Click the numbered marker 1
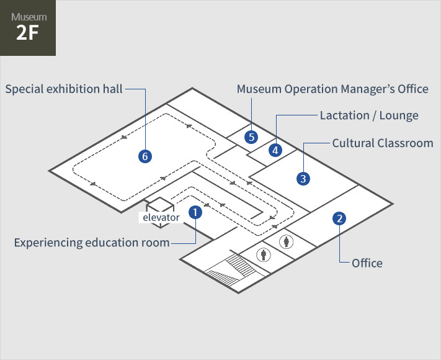(x=195, y=212)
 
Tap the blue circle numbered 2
(x=339, y=218)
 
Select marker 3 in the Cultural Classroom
(x=303, y=179)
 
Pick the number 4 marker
(x=275, y=150)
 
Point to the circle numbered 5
(x=251, y=137)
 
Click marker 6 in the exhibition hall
(x=145, y=156)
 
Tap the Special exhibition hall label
(x=64, y=89)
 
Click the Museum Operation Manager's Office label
(x=332, y=89)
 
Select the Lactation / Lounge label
(x=369, y=115)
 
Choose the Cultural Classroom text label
(x=383, y=143)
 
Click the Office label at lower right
(x=367, y=263)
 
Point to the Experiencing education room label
(x=92, y=243)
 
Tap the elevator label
(x=161, y=217)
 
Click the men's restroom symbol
(x=264, y=254)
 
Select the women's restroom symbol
(x=287, y=241)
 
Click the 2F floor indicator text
(x=27, y=33)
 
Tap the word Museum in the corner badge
(x=29, y=17)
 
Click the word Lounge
(x=399, y=115)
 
